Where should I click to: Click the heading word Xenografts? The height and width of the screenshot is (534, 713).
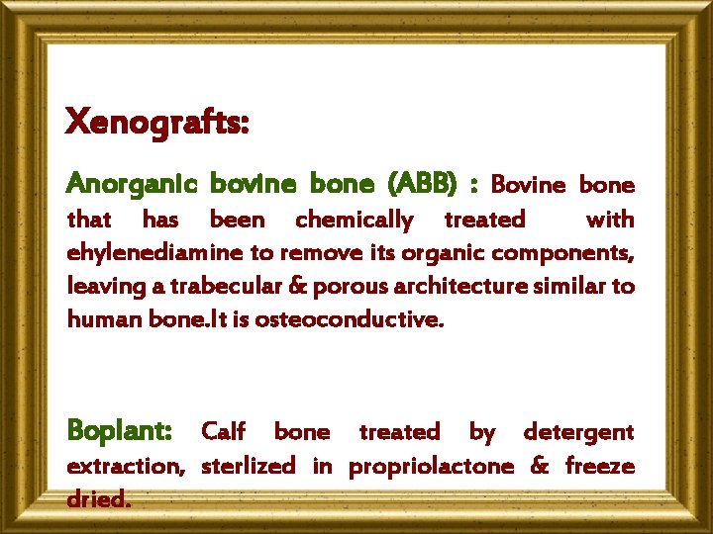tap(156, 124)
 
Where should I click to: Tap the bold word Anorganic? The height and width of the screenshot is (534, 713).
tap(132, 184)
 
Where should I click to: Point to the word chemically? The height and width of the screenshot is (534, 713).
tap(355, 219)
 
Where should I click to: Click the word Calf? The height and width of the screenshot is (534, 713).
tap(224, 431)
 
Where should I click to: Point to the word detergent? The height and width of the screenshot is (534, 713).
tap(578, 431)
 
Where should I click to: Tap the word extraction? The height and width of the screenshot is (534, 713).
tap(125, 466)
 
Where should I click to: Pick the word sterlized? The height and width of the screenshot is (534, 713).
tap(248, 466)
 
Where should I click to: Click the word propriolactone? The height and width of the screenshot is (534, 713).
tap(431, 466)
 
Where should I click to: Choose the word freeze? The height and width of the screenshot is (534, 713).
tap(600, 466)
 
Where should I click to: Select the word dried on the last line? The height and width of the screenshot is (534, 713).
tap(98, 499)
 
